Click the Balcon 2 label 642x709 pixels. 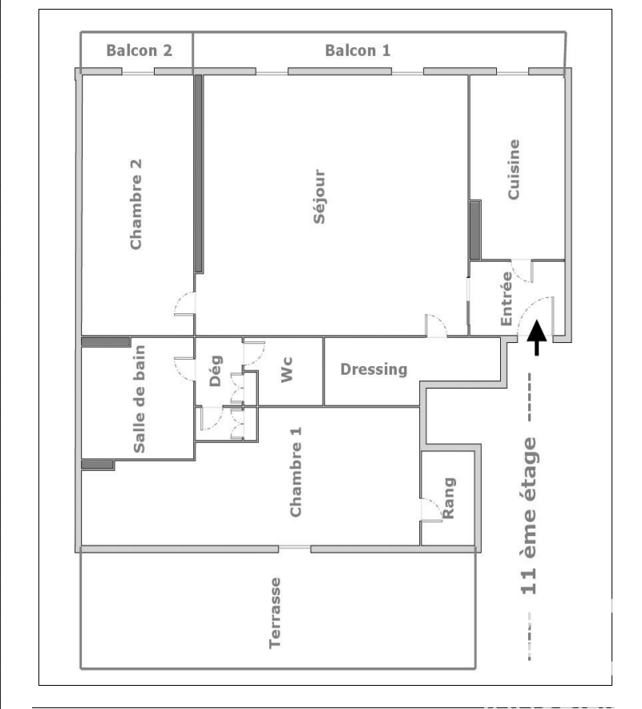coord(139,50)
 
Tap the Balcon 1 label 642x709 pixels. coord(357,50)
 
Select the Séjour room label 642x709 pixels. coord(320,196)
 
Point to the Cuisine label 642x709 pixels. coord(514,169)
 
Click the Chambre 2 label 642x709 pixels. coord(135,204)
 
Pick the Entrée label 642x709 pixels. coord(507,299)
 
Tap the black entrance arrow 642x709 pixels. coord(536,337)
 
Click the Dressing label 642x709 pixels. coord(373,369)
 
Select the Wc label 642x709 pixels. coord(287,370)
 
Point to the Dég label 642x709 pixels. coord(216,371)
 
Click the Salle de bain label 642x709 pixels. coord(139,399)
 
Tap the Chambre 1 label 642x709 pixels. coord(295,472)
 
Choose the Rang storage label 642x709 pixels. coord(448,498)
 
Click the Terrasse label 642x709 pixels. coord(275,613)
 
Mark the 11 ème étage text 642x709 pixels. coord(528,515)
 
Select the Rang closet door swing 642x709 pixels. coord(434,506)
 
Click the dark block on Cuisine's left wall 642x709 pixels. coord(474,230)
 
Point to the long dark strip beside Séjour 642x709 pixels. coord(198,174)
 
